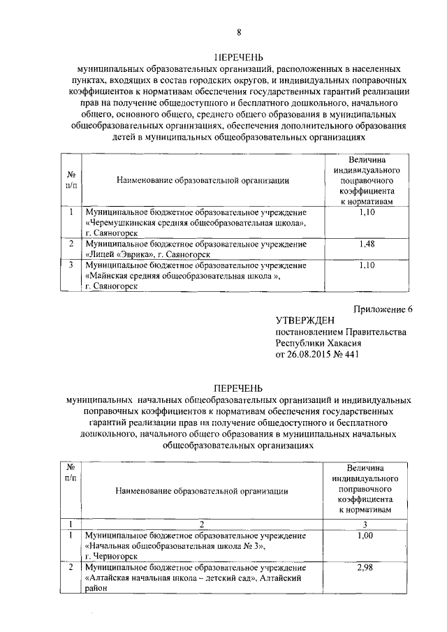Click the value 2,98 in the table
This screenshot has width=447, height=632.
click(365, 568)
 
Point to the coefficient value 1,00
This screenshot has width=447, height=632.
click(365, 536)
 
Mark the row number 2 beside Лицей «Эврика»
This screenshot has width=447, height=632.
click(71, 244)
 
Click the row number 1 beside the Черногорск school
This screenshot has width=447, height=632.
click(71, 536)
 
